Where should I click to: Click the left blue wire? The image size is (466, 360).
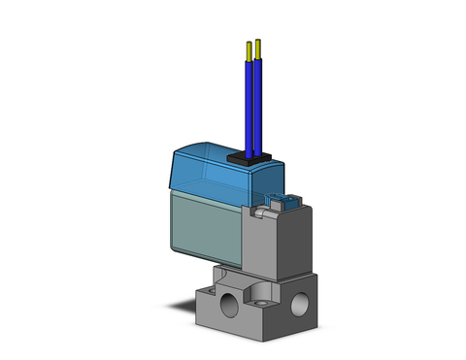click(250, 107)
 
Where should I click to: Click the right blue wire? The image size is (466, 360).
click(259, 107)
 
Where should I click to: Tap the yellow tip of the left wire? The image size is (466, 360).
click(250, 48)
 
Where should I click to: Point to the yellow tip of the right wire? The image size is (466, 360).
click(259, 46)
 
